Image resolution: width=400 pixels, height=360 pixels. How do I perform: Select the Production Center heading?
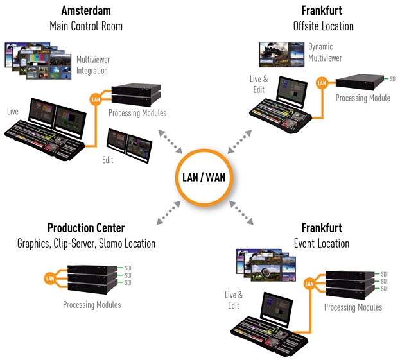pyautogui.click(x=86, y=228)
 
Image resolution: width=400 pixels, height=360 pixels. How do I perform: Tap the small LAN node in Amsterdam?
pyautogui.click(x=96, y=99)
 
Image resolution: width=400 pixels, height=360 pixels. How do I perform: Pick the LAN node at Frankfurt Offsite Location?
pyautogui.click(x=322, y=81)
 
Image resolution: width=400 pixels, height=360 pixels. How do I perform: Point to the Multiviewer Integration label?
pyautogui.click(x=92, y=64)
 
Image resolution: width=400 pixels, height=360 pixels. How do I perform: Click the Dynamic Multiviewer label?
pyautogui.click(x=325, y=52)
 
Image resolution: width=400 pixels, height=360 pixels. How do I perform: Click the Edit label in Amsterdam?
pyautogui.click(x=107, y=160)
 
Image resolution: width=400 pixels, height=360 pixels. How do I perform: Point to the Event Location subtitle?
pyautogui.click(x=322, y=243)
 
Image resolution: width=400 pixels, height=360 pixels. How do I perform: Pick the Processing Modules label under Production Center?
pyautogui.click(x=92, y=304)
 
